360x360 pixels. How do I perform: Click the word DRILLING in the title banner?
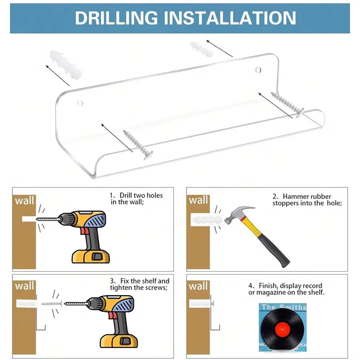pos(116,18)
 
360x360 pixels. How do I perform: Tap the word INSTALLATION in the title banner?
pos(230,18)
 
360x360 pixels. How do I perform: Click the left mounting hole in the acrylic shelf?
pos(80,103)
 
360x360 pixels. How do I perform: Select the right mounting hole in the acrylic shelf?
pos(258,70)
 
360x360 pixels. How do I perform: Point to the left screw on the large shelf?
pos(138,145)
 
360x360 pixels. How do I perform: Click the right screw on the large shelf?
pos(288,104)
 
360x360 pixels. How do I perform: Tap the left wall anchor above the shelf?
pos(66,65)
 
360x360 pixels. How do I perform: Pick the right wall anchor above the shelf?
pos(202,49)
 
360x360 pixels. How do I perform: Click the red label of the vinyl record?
pos(283,329)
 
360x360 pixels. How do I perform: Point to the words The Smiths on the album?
pos(284,307)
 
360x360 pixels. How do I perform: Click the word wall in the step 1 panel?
pos(24,200)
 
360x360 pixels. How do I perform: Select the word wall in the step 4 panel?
pos(198,286)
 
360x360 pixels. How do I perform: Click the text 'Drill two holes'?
pos(141,195)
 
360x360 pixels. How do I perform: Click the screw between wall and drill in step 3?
pos(52,304)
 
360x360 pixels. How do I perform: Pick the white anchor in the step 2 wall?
pos(207,220)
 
